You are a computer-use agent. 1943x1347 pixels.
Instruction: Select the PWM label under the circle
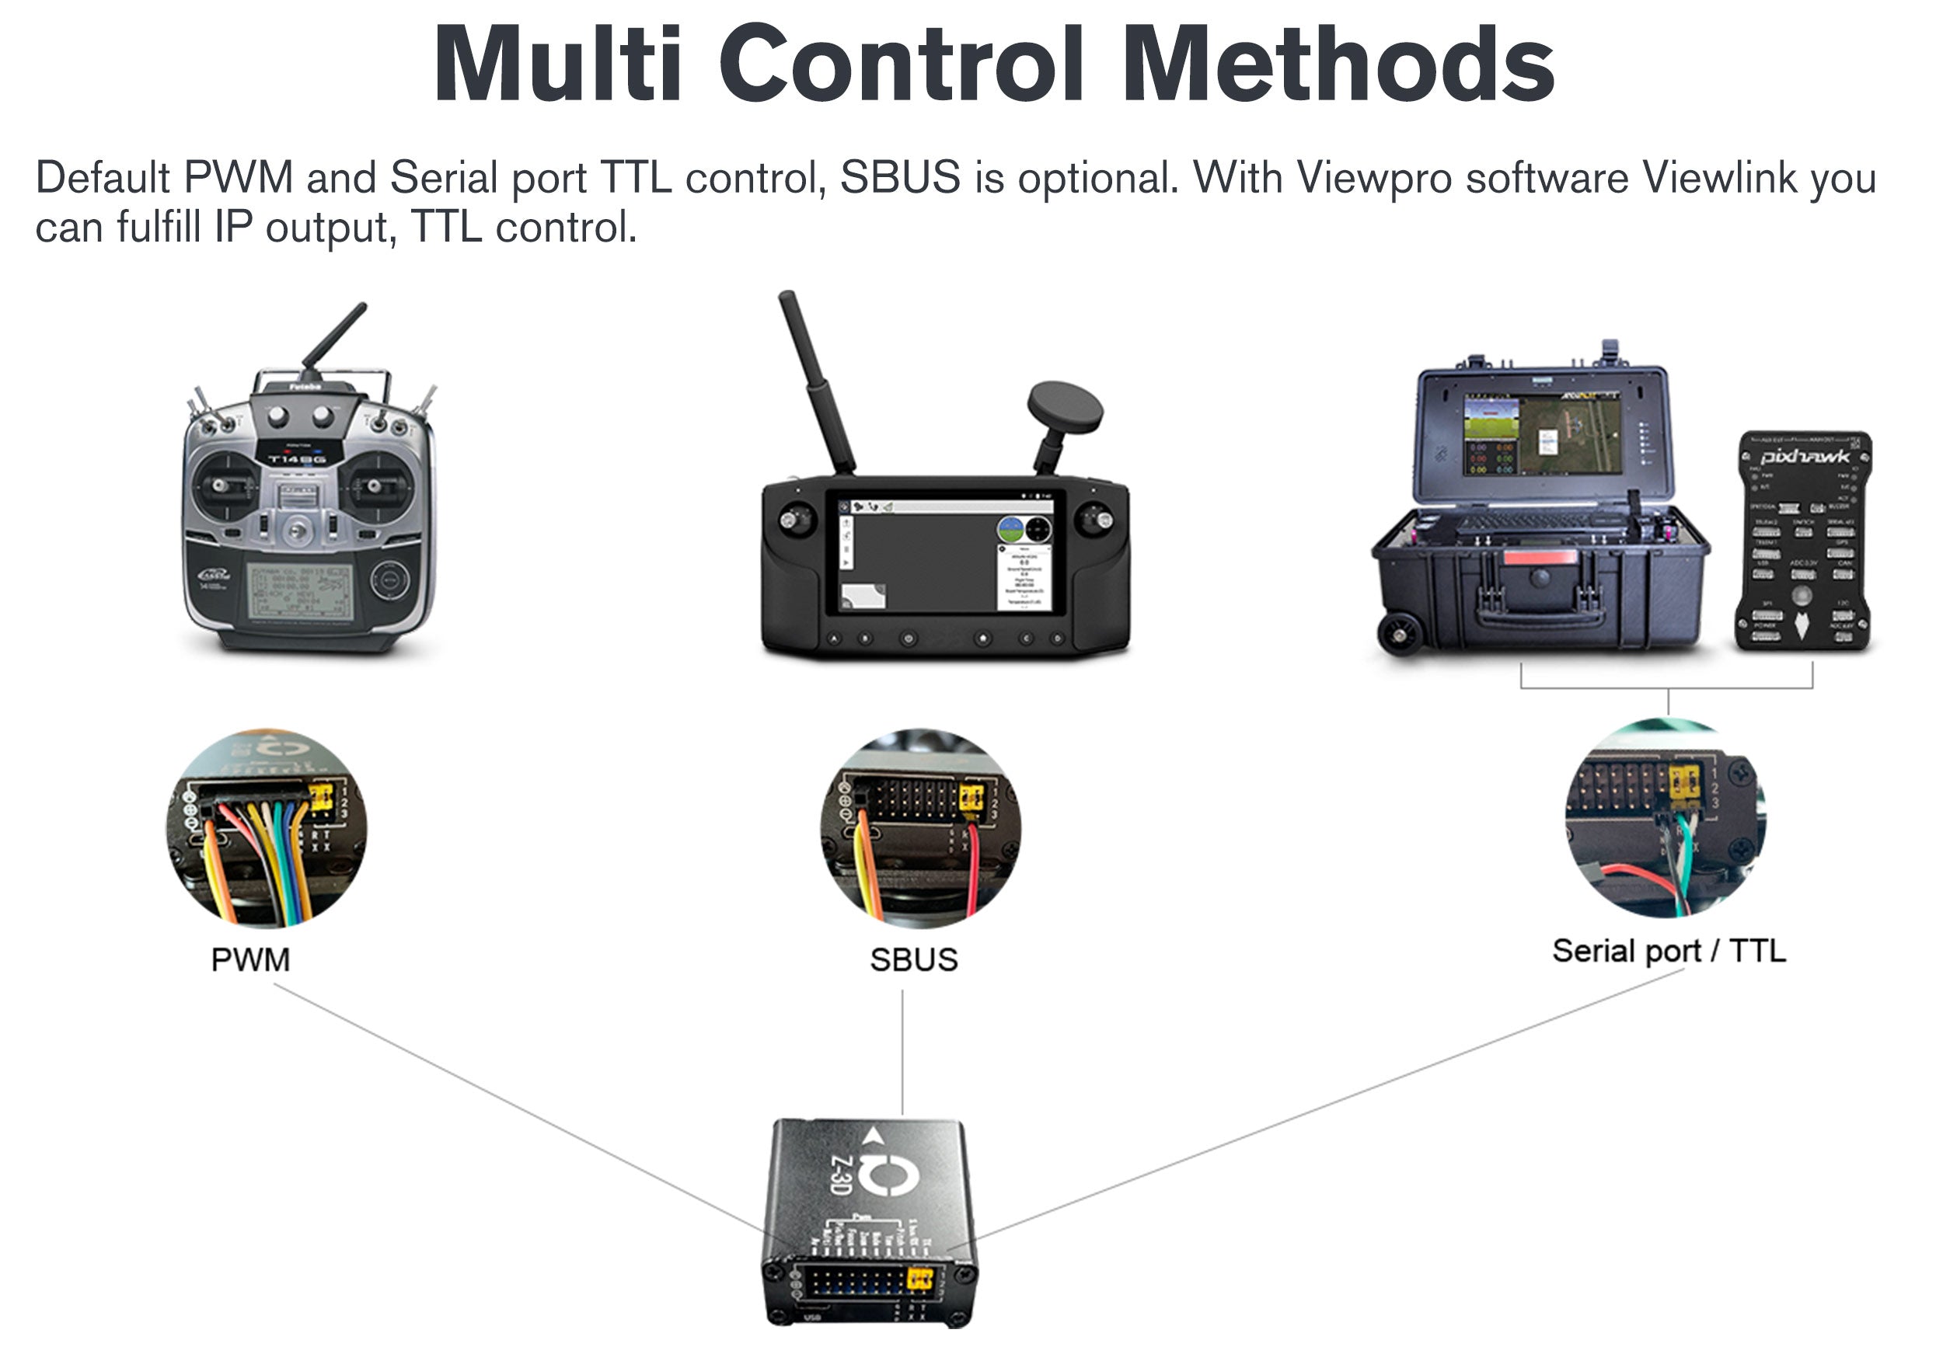click(x=250, y=959)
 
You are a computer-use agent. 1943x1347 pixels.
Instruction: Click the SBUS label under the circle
click(x=914, y=959)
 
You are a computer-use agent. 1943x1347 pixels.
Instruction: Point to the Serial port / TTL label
click(x=1669, y=951)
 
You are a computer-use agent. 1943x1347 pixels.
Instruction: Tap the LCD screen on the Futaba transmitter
click(x=300, y=591)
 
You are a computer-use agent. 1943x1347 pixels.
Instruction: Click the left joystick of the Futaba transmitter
click(x=222, y=486)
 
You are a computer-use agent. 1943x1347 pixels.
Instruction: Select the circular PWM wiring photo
click(x=266, y=828)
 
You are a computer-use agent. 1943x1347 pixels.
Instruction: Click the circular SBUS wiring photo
click(x=919, y=828)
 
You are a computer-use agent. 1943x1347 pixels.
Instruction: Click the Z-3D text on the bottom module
click(x=839, y=1174)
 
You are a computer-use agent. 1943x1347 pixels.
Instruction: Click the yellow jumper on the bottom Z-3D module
click(x=919, y=1278)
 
